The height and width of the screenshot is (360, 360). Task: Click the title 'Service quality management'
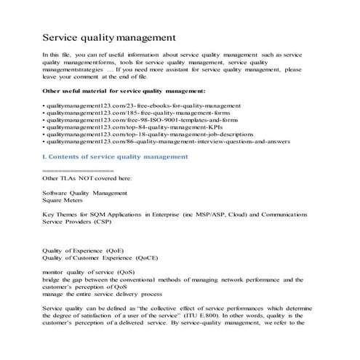(x=108, y=37)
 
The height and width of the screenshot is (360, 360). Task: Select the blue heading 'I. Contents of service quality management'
(x=115, y=167)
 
